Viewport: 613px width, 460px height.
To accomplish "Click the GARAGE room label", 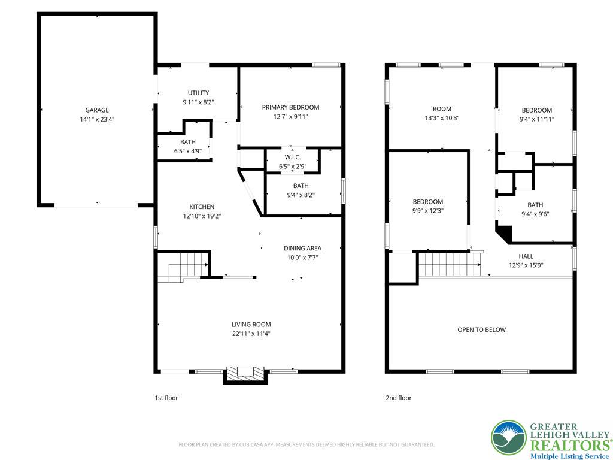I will (x=97, y=110).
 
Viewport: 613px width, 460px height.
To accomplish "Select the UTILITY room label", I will (x=198, y=93).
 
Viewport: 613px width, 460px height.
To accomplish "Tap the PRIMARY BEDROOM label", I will (x=290, y=107).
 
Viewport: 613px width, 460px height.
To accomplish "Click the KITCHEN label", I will (x=202, y=207).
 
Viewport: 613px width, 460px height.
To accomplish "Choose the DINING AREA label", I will (x=302, y=248).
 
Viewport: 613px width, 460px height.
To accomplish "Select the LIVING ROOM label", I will (x=251, y=325).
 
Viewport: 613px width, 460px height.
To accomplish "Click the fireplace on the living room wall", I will (x=245, y=373).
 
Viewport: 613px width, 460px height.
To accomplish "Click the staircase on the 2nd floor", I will (x=449, y=264).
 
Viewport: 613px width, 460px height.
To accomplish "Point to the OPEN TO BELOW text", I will (x=481, y=329).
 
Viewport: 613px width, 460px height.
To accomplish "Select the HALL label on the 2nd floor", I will (x=526, y=256).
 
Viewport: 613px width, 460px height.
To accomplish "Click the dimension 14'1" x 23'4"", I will (x=97, y=119).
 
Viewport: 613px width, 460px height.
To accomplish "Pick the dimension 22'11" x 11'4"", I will (x=251, y=334).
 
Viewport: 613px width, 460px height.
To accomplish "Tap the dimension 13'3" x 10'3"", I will (x=442, y=118).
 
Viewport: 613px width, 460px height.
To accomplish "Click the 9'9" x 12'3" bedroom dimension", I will (x=427, y=211).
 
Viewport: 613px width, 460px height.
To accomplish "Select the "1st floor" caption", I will (x=166, y=398).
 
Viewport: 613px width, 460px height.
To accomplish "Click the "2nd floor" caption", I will (x=399, y=398).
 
